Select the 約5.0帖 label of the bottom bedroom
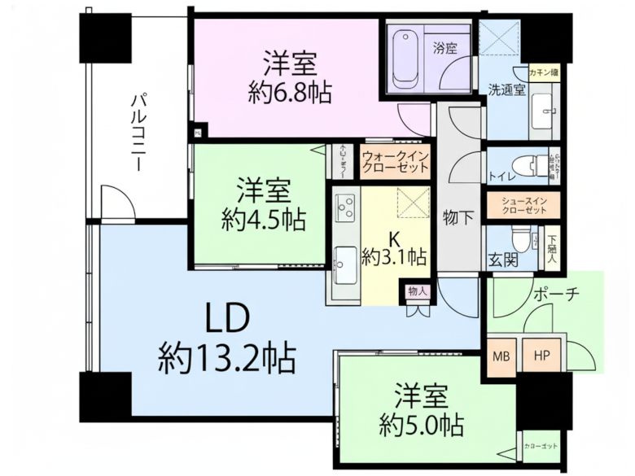[x=421, y=424]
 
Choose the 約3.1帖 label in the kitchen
[x=394, y=258]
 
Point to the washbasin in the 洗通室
[x=543, y=112]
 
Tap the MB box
[x=501, y=356]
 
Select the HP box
[x=541, y=356]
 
